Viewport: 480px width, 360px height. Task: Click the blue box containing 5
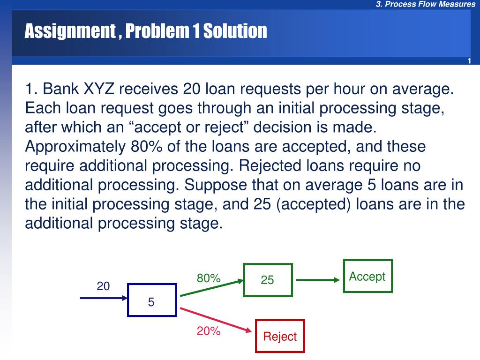[x=151, y=300]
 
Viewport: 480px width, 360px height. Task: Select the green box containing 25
[x=268, y=280]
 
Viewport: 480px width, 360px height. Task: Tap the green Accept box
[x=367, y=276]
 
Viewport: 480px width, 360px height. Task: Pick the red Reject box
[x=280, y=336]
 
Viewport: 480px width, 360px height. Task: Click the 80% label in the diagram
[x=209, y=278]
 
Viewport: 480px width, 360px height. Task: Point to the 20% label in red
[x=209, y=331]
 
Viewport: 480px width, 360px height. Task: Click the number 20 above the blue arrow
[x=103, y=286]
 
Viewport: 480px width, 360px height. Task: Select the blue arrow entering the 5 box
[x=103, y=298]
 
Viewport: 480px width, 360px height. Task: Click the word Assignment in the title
[x=69, y=31]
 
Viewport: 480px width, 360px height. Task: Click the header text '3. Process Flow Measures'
[x=425, y=5]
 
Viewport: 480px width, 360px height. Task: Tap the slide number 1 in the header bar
[x=469, y=62]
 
